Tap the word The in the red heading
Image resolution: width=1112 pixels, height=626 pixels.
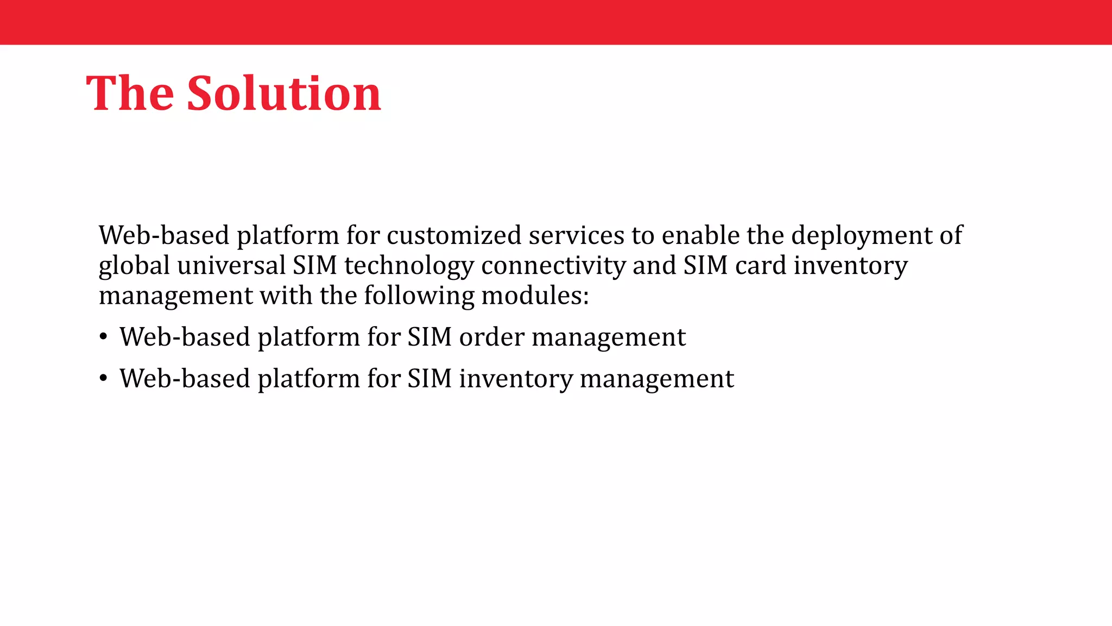pyautogui.click(x=130, y=93)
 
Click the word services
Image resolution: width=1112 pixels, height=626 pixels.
pyautogui.click(x=576, y=235)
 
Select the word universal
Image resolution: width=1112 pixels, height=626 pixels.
pyautogui.click(x=231, y=265)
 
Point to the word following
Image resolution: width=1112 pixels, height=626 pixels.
pyautogui.click(x=419, y=296)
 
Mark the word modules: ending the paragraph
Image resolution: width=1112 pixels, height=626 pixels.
pyautogui.click(x=535, y=296)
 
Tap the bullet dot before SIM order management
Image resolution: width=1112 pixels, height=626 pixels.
pyautogui.click(x=103, y=337)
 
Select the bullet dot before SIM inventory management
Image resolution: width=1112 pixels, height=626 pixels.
pyautogui.click(x=103, y=379)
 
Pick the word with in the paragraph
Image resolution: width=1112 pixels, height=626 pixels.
pyautogui.click(x=286, y=296)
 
